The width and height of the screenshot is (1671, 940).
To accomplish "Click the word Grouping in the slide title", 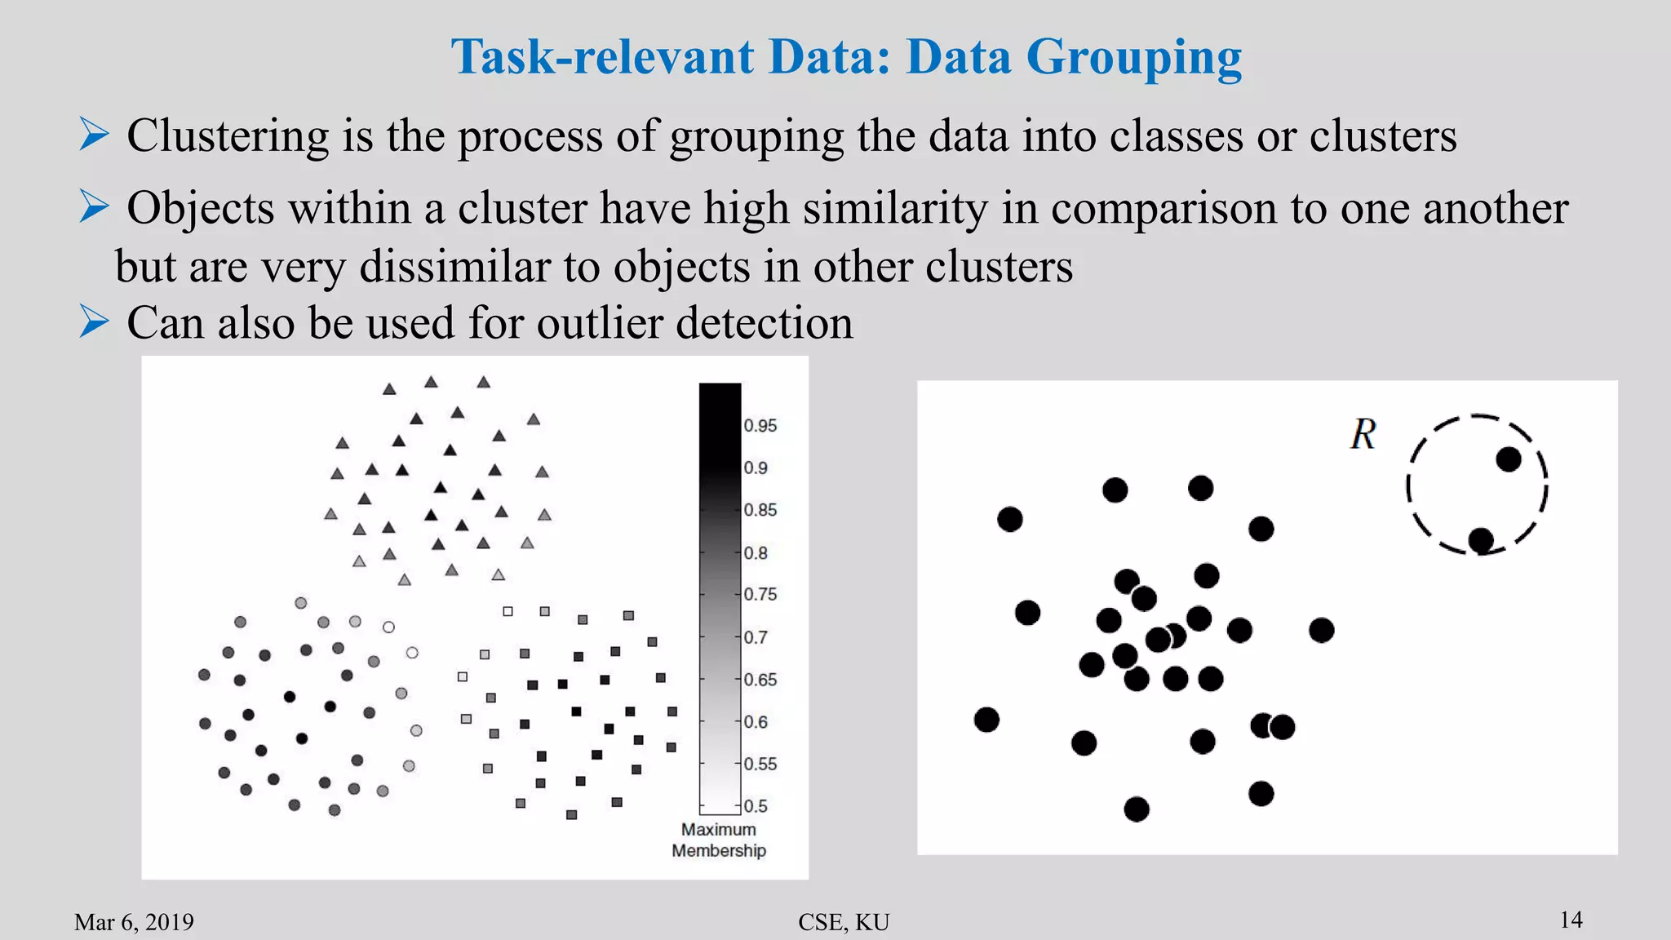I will point(1133,59).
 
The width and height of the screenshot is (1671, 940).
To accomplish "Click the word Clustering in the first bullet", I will point(228,135).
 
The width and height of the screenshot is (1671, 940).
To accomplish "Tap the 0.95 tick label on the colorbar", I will point(760,426).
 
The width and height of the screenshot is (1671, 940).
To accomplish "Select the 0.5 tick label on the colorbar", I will point(756,806).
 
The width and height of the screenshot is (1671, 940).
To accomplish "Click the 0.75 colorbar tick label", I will point(760,595).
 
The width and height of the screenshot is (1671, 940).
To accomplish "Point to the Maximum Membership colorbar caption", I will point(719,840).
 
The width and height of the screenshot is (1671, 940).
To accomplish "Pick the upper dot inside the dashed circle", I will point(1509,459).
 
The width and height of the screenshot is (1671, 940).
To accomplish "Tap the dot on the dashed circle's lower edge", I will point(1481,540).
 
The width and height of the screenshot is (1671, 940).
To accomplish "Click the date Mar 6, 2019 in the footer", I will point(134,922).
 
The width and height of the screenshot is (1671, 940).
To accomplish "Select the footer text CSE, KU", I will point(844,922).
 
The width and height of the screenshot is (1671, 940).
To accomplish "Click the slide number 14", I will point(1571,920).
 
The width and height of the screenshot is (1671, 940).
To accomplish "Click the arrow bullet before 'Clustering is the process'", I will point(95,134).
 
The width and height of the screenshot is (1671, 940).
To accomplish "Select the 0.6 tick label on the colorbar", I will point(756,722).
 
